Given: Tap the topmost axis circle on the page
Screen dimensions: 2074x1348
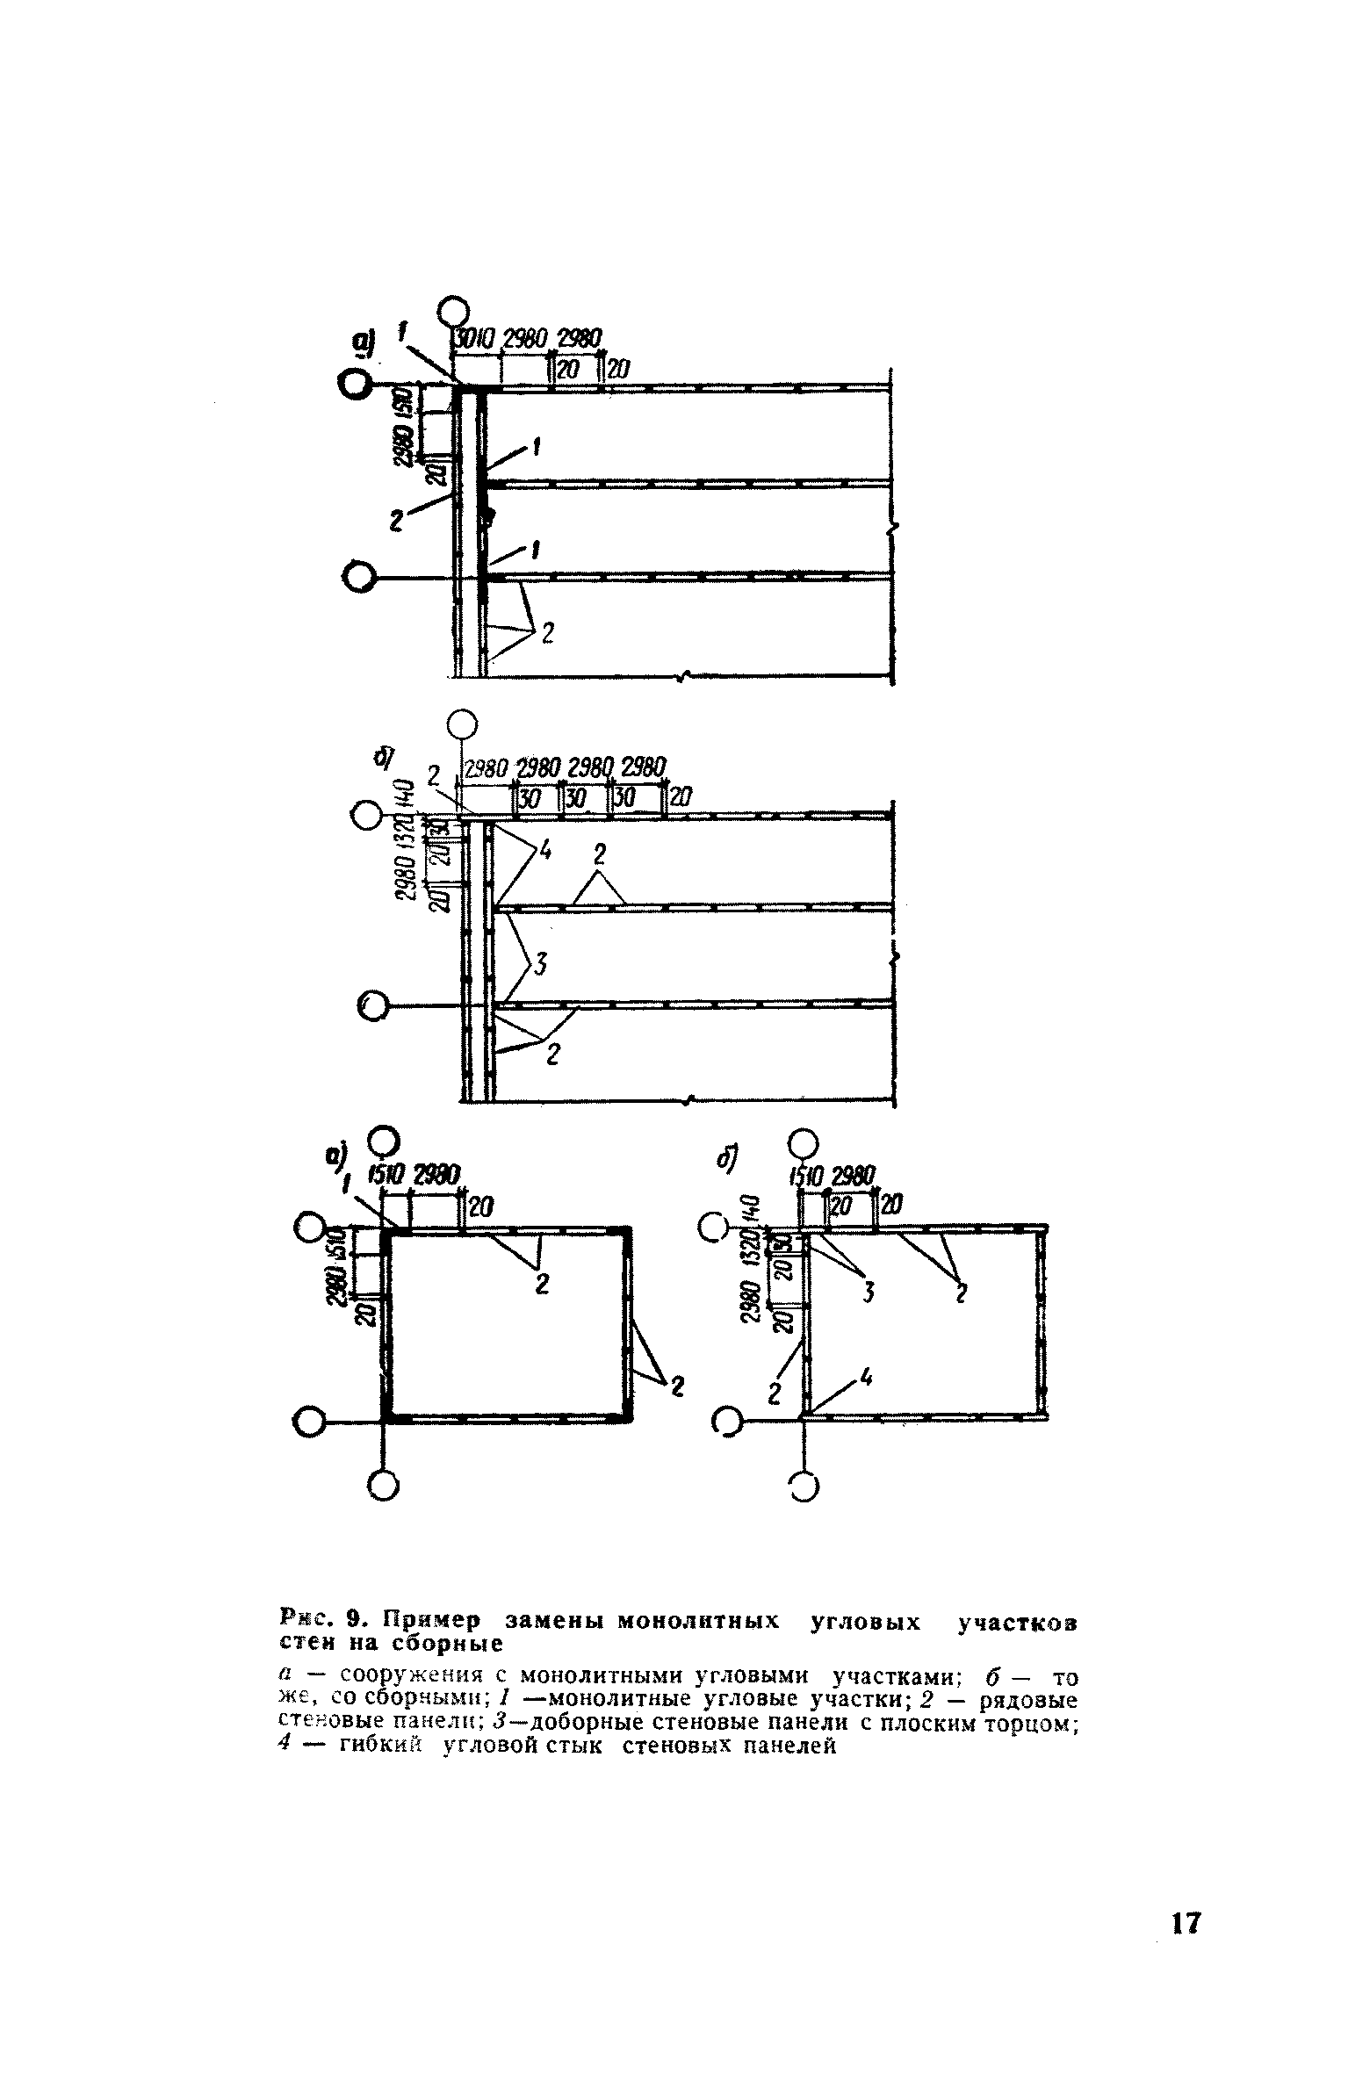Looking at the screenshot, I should coord(453,312).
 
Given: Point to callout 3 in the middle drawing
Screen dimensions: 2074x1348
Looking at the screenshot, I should coord(541,967).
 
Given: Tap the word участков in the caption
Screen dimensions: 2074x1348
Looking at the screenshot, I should coord(1017,1621).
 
